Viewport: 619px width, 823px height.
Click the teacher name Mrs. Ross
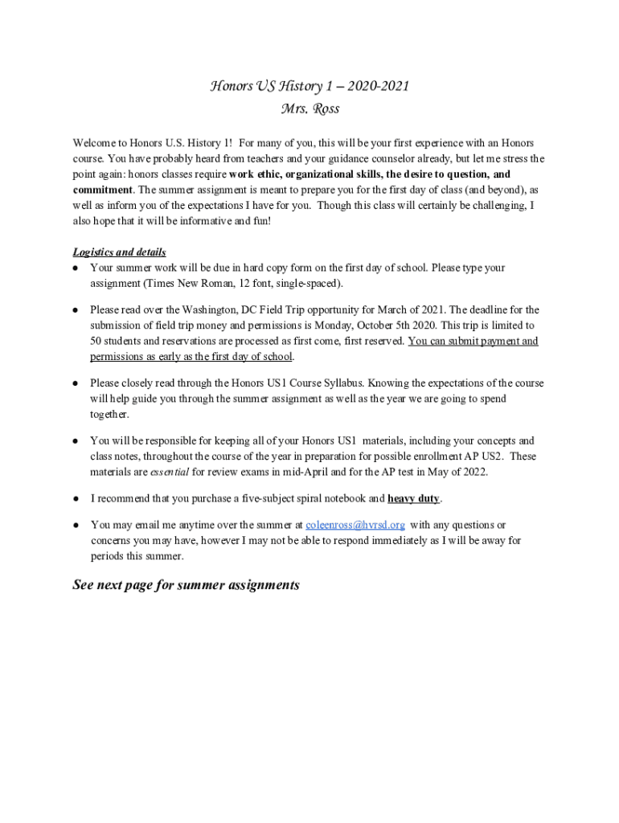(x=309, y=109)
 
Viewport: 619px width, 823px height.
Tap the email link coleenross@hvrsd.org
(x=355, y=525)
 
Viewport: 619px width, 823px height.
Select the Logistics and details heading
(x=119, y=252)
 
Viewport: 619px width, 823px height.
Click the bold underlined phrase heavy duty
(x=413, y=498)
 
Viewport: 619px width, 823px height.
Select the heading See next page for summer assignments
(x=186, y=585)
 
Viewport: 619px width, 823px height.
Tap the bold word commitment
(x=102, y=190)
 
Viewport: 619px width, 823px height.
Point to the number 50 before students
(x=96, y=341)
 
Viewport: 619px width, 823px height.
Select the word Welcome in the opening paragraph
(x=96, y=143)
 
